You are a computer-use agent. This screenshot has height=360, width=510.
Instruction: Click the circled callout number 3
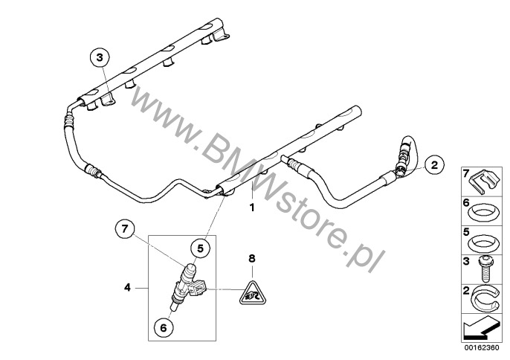pyautogui.click(x=100, y=57)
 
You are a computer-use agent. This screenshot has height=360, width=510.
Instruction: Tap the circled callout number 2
pyautogui.click(x=434, y=164)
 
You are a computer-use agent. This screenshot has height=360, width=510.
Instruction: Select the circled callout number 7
pyautogui.click(x=125, y=229)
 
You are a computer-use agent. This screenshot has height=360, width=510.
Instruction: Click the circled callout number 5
pyautogui.click(x=200, y=248)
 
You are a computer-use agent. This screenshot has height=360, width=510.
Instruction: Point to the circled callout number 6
pyautogui.click(x=164, y=328)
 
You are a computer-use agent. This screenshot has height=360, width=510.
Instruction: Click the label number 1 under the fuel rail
pyautogui.click(x=252, y=208)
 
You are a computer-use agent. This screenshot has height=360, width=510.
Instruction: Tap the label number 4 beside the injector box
pyautogui.click(x=127, y=288)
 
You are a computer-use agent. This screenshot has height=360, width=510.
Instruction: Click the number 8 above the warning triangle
pyautogui.click(x=252, y=259)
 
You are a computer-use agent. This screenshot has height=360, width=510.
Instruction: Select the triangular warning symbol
pyautogui.click(x=253, y=293)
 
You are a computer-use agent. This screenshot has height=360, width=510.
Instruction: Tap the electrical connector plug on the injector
pyautogui.click(x=198, y=288)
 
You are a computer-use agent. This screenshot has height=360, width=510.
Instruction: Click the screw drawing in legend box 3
pyautogui.click(x=485, y=269)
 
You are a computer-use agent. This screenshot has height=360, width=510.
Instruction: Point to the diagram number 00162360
pyautogui.click(x=482, y=347)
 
